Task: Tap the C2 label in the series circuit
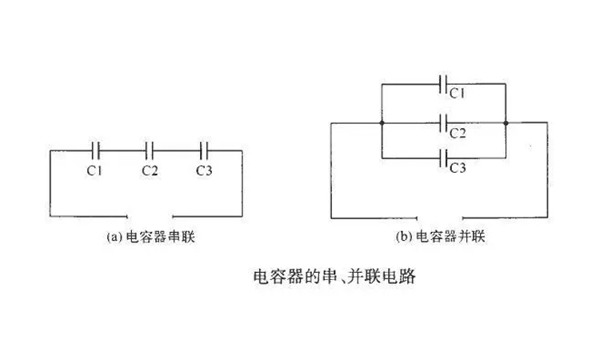(x=150, y=170)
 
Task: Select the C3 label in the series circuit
(x=204, y=170)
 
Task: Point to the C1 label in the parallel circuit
(x=457, y=94)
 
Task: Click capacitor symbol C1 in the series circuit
(x=95, y=150)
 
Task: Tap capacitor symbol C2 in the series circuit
(x=150, y=150)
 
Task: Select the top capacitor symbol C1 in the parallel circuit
(x=445, y=82)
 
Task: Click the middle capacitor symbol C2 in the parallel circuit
(x=445, y=122)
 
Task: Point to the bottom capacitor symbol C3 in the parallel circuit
(x=445, y=157)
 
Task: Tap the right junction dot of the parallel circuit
(x=507, y=122)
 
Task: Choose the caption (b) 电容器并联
(x=442, y=238)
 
